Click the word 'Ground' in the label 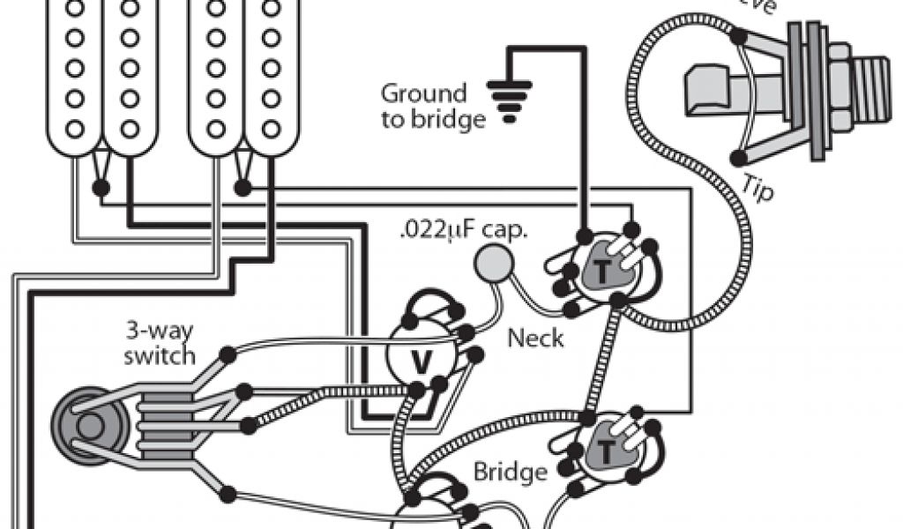(423, 93)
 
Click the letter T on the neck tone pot (601, 272)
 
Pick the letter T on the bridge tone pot (608, 452)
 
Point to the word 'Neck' (535, 338)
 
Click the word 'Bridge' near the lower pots (510, 472)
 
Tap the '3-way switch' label (159, 344)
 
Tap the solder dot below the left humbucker (101, 187)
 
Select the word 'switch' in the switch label (159, 356)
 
